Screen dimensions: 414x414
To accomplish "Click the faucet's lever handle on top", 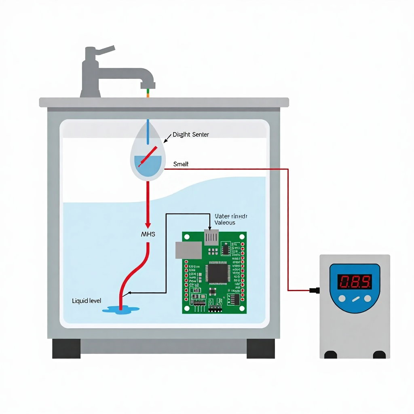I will (104, 51).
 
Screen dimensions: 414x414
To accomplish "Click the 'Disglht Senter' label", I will (190, 135).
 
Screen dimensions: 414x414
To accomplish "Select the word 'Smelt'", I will (181, 164).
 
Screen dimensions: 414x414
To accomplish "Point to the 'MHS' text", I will (148, 234).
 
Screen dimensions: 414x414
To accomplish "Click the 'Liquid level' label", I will (87, 301).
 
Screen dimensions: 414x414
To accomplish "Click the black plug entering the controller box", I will (315, 290).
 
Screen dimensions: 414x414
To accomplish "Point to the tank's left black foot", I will (66, 348).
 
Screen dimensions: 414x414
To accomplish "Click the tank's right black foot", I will (261, 348).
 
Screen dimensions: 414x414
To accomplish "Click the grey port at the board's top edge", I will (211, 237).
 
